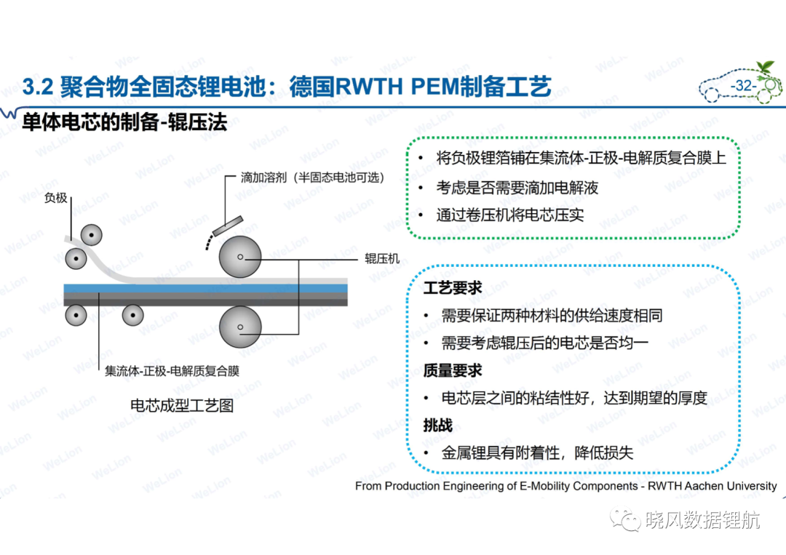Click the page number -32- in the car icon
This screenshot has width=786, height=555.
743,86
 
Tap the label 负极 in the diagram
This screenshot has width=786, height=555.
55,198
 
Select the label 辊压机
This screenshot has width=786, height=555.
382,258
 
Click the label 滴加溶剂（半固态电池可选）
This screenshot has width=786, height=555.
312,177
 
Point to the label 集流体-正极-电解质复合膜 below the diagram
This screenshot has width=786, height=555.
172,371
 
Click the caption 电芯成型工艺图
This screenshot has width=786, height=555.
182,405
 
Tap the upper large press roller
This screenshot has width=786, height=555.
240,257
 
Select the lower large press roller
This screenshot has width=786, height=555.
240,327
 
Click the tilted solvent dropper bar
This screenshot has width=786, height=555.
228,226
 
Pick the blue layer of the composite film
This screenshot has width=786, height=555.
205,288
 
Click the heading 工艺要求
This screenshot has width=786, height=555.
452,288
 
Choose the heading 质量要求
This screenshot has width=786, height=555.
452,371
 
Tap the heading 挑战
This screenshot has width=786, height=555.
437,426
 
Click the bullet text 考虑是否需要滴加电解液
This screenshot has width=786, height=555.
517,188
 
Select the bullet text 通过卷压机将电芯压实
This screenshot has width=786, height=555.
509,215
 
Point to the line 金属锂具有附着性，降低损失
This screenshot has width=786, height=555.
537,453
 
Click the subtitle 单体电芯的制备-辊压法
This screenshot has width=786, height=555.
124,121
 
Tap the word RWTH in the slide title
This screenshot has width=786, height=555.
368,87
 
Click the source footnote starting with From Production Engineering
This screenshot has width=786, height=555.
566,486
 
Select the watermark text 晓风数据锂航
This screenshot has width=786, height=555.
703,520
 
